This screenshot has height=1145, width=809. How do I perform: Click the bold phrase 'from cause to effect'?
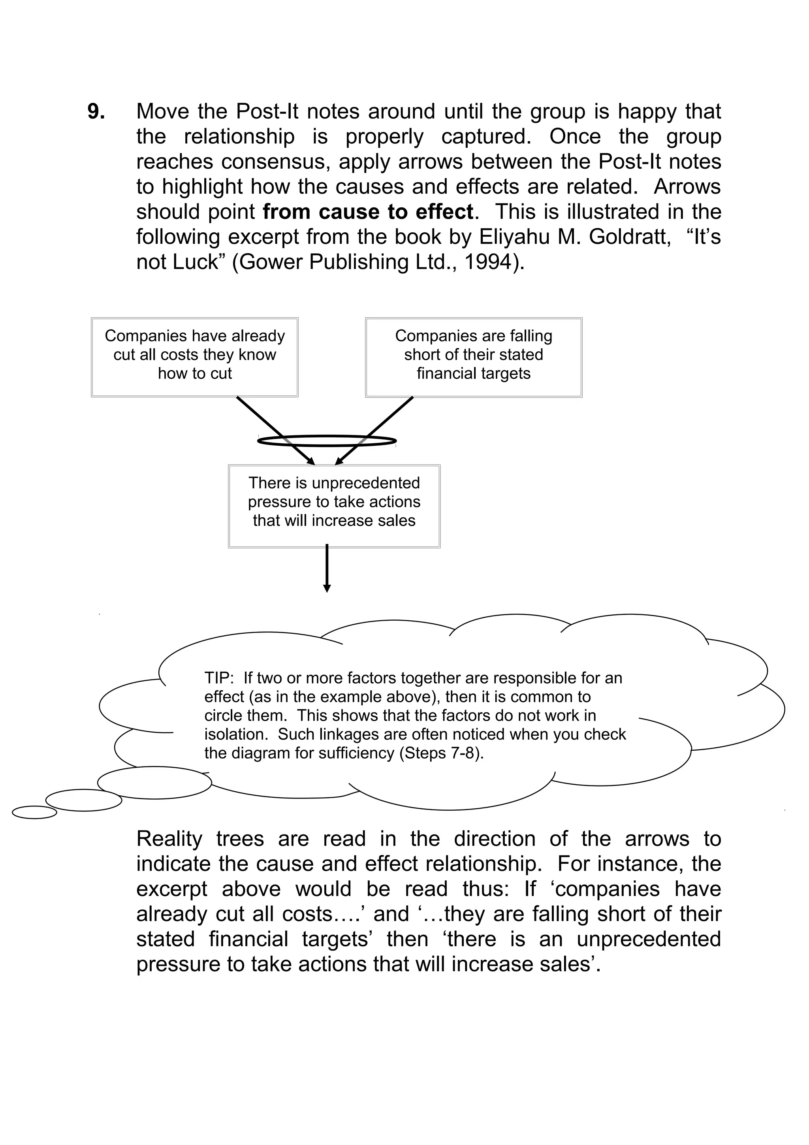coord(368,212)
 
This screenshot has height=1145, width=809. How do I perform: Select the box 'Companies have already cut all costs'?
coord(194,357)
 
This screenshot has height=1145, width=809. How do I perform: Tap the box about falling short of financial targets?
coord(473,357)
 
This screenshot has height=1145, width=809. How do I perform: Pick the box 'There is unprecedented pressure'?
coord(334,506)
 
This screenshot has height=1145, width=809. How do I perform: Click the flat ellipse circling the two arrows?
coord(327,441)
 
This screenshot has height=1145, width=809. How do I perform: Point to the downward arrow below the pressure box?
coord(327,569)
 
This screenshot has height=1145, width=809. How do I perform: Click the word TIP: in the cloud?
coord(219,678)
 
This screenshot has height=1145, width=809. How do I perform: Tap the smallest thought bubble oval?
coord(34,812)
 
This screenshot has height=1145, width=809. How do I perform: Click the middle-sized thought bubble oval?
coord(84,800)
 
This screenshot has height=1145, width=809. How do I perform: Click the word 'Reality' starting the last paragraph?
coord(169,839)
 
